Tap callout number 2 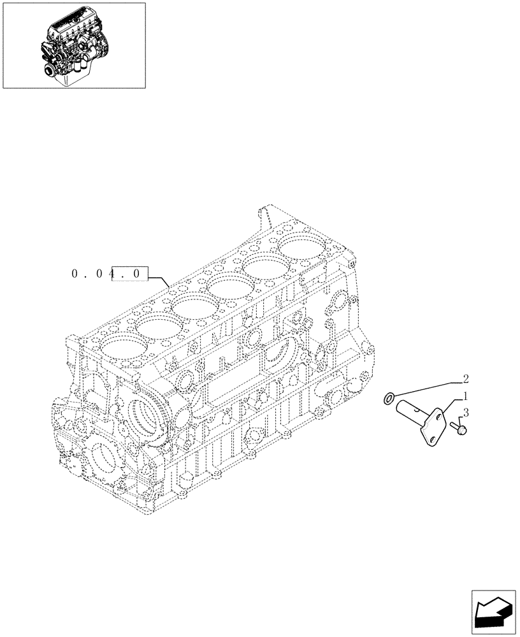click(x=466, y=378)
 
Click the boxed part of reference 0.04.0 click(x=130, y=275)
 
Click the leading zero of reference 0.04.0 click(x=76, y=275)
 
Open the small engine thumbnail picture click(x=73, y=45)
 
